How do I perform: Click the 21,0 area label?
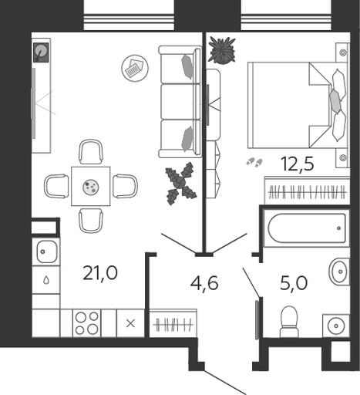[100, 273]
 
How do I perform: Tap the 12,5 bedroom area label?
[298, 164]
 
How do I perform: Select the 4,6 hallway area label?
[204, 283]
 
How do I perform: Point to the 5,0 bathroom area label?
[294, 283]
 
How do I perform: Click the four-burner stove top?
[87, 323]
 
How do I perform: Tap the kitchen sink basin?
[46, 252]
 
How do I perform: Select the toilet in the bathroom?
[289, 322]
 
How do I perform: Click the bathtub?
[307, 228]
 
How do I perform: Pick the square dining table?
[91, 186]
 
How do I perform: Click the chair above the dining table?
[91, 152]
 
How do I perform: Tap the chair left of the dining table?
[56, 186]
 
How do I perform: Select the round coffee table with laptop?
[135, 68]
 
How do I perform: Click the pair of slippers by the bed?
[254, 162]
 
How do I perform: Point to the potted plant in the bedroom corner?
[222, 50]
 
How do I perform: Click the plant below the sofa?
[181, 184]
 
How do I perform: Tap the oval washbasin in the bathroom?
[339, 272]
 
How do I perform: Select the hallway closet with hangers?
[173, 323]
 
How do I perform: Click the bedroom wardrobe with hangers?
[308, 191]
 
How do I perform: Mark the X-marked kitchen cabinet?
[131, 323]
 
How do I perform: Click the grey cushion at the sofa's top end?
[187, 67]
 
